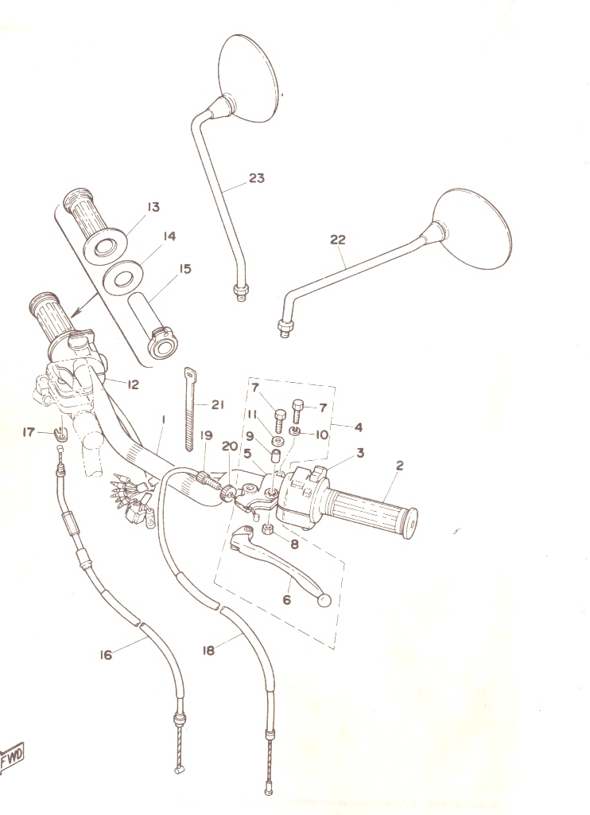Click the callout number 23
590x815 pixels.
click(x=257, y=178)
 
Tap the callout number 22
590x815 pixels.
click(x=338, y=240)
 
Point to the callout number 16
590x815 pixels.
click(x=106, y=655)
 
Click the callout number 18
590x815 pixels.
click(x=208, y=650)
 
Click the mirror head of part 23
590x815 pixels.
click(x=247, y=78)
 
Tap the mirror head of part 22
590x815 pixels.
click(x=471, y=228)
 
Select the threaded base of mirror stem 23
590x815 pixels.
click(x=240, y=293)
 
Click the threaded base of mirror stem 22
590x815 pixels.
click(x=285, y=329)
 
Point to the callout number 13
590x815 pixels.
click(x=153, y=208)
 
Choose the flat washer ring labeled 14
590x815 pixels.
click(x=123, y=278)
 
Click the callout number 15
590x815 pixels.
click(x=185, y=269)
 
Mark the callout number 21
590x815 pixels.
click(x=218, y=405)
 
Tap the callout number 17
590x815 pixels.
click(x=29, y=432)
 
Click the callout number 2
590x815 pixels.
click(x=399, y=466)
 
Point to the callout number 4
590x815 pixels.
click(x=359, y=427)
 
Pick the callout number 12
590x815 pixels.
click(x=133, y=384)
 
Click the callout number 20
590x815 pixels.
click(x=230, y=446)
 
